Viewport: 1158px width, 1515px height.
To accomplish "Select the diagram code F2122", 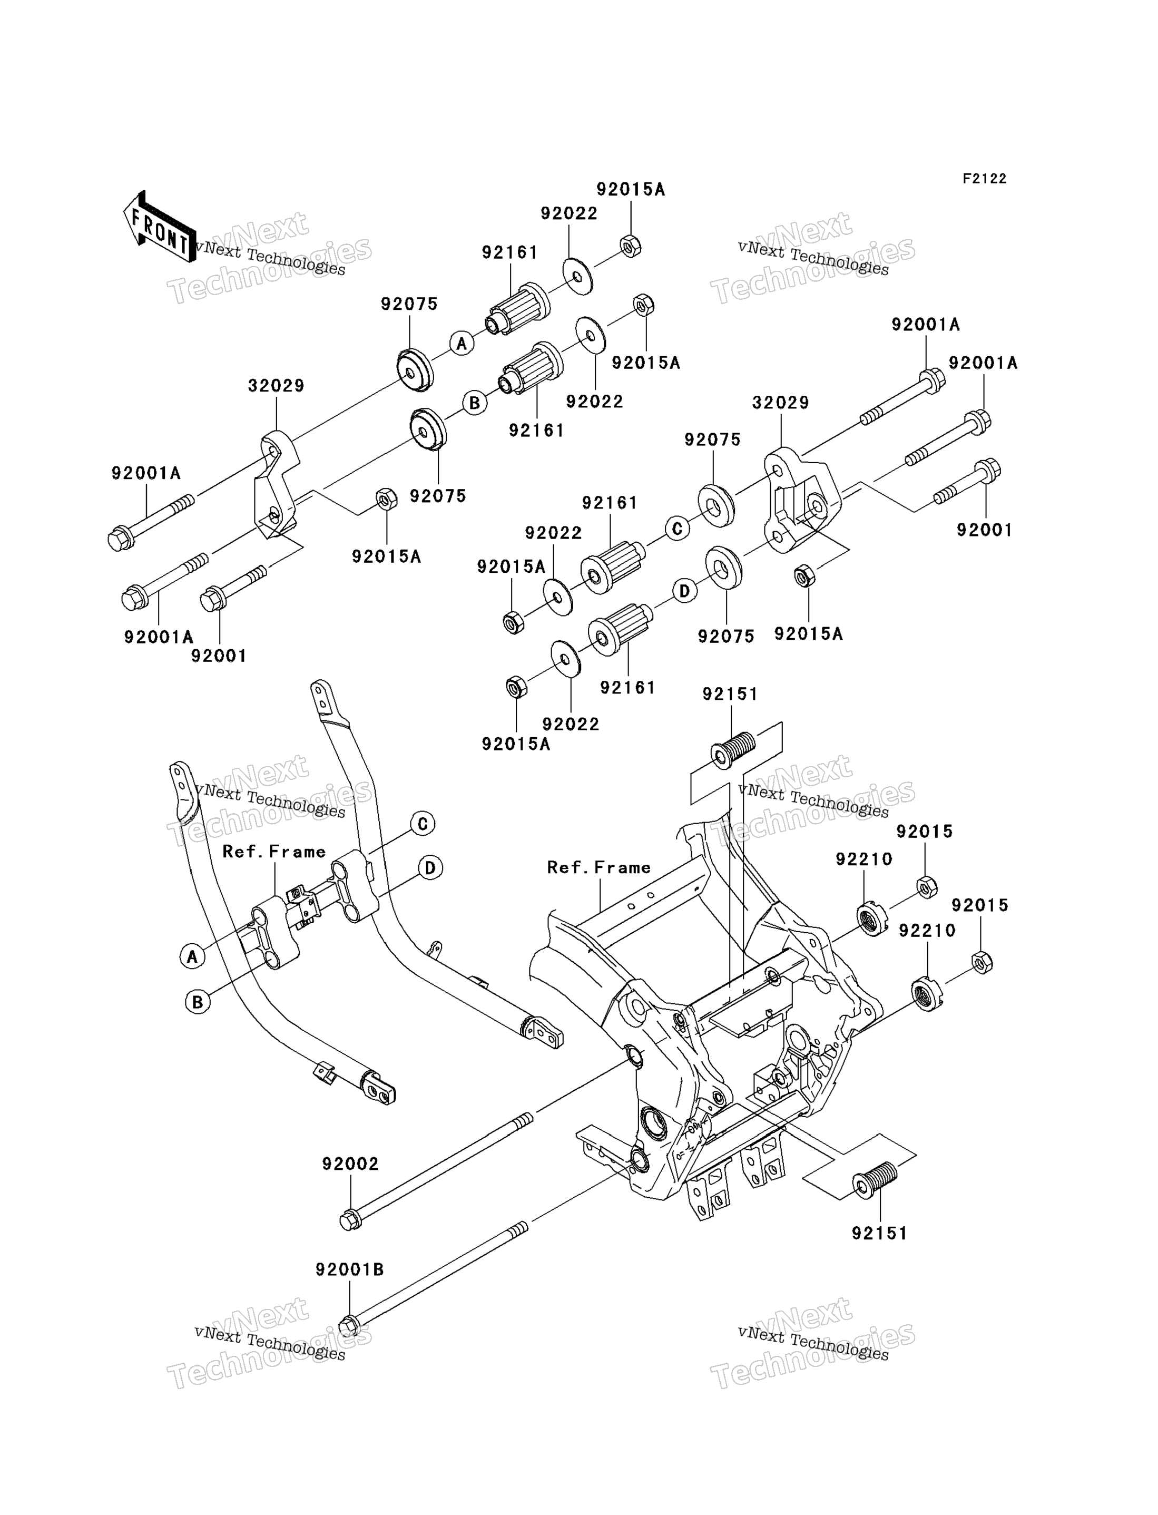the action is pyautogui.click(x=984, y=179).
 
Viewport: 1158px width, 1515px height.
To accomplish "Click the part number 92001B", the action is pyautogui.click(x=349, y=1269).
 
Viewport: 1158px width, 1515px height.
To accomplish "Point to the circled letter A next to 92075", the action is pyautogui.click(x=462, y=343).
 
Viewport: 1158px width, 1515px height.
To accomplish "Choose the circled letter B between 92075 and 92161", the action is pyautogui.click(x=474, y=403).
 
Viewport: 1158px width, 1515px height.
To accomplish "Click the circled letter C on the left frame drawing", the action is pyautogui.click(x=423, y=824).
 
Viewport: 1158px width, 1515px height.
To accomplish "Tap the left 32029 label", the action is pyautogui.click(x=277, y=386).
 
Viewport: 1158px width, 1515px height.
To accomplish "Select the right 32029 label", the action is pyautogui.click(x=780, y=403).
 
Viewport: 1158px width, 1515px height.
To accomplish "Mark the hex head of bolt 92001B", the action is pyautogui.click(x=349, y=1326).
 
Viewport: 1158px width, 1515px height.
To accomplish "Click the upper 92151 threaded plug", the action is pyautogui.click(x=732, y=749).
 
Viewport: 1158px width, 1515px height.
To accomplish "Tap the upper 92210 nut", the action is pyautogui.click(x=872, y=919).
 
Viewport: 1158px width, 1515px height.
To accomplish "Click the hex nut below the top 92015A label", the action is pyautogui.click(x=631, y=246).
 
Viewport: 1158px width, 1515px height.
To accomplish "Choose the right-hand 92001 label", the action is pyautogui.click(x=984, y=530).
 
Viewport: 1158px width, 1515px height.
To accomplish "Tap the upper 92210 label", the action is pyautogui.click(x=865, y=859).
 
